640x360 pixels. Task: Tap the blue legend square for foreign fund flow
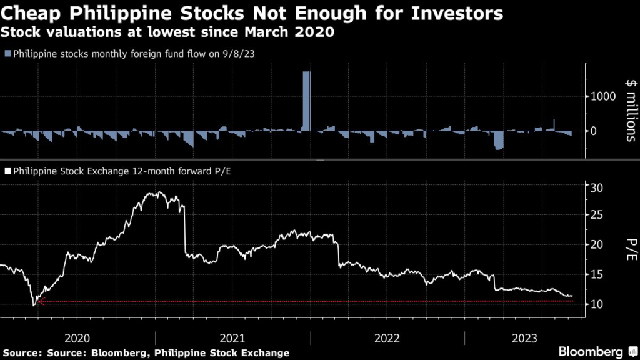(x=7, y=54)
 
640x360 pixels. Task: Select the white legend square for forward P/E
(x=7, y=169)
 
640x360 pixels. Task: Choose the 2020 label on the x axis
(x=77, y=339)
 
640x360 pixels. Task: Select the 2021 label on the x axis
(x=232, y=339)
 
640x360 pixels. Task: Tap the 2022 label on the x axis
(x=387, y=339)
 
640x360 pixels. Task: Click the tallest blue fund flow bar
(x=306, y=100)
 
